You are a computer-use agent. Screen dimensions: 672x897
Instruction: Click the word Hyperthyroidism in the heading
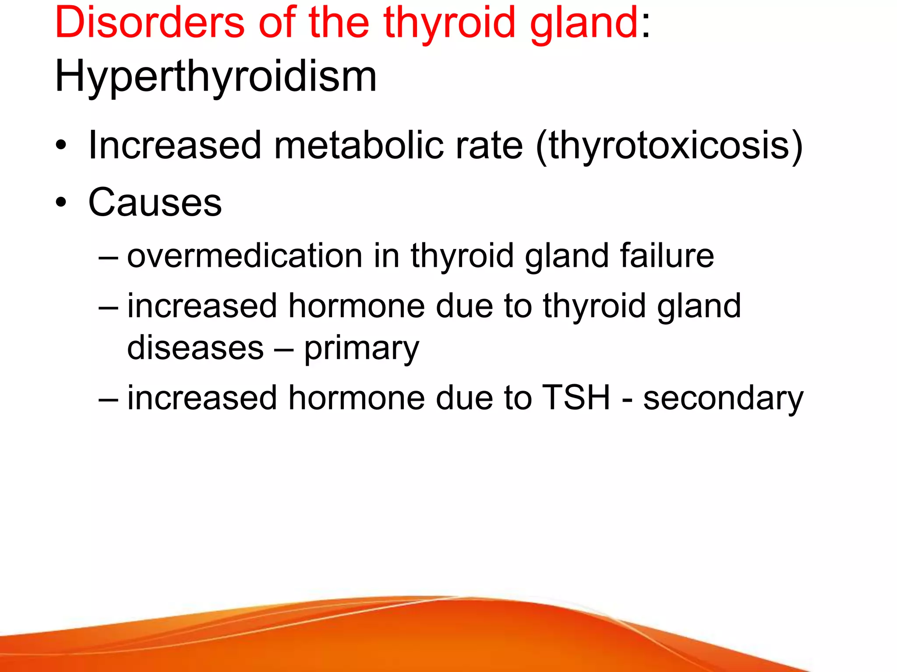point(215,77)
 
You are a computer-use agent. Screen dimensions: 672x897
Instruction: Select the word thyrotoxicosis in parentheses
point(669,145)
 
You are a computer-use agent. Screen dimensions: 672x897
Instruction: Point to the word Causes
point(155,202)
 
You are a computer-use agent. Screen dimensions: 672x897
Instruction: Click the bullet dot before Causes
point(61,203)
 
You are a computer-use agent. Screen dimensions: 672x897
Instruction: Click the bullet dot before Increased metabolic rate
point(61,145)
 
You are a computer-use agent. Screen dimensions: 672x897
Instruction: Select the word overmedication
point(244,255)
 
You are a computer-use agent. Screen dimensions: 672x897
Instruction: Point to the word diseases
point(195,348)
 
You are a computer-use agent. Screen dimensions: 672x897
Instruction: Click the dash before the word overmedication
point(108,257)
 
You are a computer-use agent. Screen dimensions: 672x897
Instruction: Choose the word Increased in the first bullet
point(174,145)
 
